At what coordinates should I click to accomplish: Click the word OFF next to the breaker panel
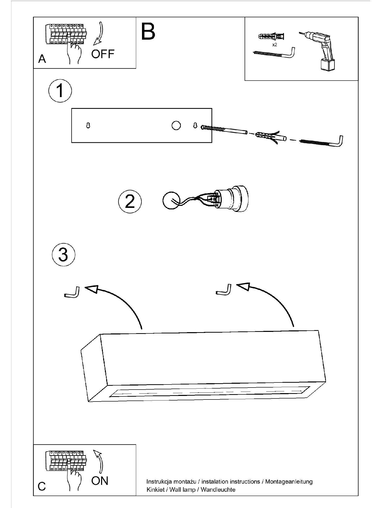(103, 54)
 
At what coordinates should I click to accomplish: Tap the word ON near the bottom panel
(100, 481)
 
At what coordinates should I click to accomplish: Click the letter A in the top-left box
(42, 59)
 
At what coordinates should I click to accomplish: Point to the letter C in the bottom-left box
(42, 486)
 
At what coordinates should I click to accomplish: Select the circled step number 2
(130, 202)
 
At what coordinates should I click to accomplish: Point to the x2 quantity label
(275, 45)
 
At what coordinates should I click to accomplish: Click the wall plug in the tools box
(271, 37)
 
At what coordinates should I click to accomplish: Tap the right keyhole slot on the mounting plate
(195, 125)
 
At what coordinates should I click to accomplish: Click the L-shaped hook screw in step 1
(323, 142)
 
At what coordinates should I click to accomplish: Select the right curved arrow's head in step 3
(243, 286)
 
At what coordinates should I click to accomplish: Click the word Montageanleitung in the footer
(289, 481)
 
